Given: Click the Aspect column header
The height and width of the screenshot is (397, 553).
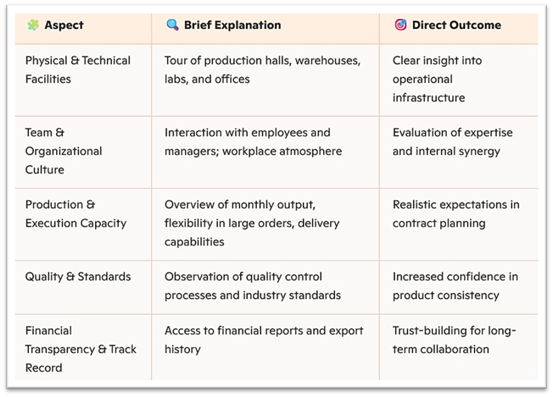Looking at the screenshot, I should click(x=64, y=25).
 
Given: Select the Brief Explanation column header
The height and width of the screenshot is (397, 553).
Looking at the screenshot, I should click(x=232, y=25).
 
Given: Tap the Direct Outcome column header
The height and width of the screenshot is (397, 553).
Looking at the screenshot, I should click(x=456, y=25).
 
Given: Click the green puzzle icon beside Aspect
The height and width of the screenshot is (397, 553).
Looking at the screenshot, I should click(x=33, y=25).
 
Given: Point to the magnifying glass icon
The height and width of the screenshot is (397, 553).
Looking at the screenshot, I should click(x=172, y=25).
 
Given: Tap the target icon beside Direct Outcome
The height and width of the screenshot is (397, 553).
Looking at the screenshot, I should click(x=400, y=25).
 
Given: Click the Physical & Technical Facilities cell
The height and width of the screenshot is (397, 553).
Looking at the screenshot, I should click(x=78, y=69).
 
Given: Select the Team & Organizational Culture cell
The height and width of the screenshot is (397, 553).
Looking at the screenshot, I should click(x=64, y=151).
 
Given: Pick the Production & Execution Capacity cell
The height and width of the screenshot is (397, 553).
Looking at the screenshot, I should click(x=76, y=214).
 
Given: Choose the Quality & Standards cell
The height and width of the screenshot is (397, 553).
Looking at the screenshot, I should click(x=78, y=276).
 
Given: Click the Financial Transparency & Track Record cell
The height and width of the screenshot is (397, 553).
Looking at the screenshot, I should click(x=80, y=349).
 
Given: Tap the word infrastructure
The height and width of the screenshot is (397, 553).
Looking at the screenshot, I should click(x=428, y=97).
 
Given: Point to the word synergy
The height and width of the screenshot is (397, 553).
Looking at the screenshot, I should click(x=478, y=151).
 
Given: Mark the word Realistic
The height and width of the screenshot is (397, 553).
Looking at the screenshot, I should click(x=416, y=205).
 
